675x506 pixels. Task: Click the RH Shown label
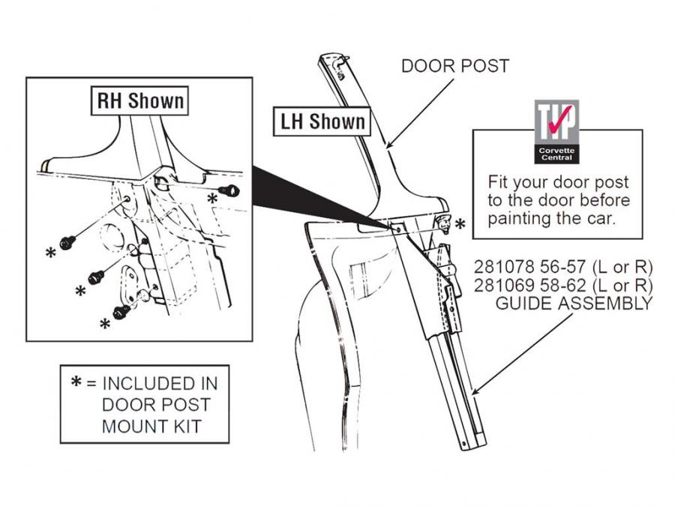[140, 100]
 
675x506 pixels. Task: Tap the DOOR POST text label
[455, 66]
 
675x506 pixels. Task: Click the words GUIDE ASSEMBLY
[573, 304]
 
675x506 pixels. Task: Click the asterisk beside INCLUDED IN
[76, 382]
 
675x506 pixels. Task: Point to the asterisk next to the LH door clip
[460, 223]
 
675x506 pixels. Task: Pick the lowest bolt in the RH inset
[120, 310]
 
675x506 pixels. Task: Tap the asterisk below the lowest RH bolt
[106, 325]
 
